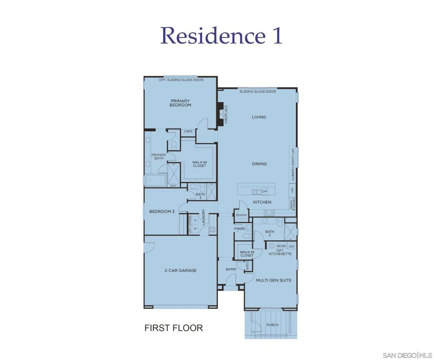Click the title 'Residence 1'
(x=221, y=36)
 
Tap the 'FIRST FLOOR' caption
(x=173, y=328)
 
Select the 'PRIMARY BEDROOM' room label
(x=180, y=103)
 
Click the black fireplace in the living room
(x=220, y=114)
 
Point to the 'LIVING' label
(x=259, y=117)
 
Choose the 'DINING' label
(x=259, y=164)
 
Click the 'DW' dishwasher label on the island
(x=265, y=192)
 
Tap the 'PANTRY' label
(x=242, y=216)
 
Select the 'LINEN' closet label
(x=188, y=132)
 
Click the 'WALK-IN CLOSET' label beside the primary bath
(x=199, y=164)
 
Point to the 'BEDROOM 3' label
(x=162, y=211)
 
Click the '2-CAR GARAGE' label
(x=181, y=270)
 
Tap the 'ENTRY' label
(x=231, y=270)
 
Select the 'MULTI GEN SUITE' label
(x=273, y=280)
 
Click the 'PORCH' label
(x=273, y=325)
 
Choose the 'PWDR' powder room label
(x=239, y=229)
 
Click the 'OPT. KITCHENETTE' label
(x=281, y=252)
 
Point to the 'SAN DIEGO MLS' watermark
(x=407, y=355)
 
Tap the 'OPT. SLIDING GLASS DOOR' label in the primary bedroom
(x=181, y=80)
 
